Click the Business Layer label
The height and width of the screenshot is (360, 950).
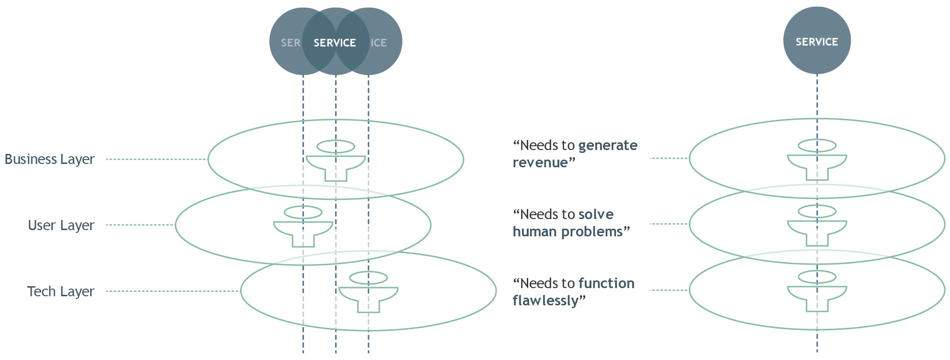49,159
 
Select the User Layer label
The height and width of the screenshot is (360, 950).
61,225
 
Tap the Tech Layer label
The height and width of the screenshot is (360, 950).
60,291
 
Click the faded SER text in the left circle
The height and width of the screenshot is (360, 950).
290,43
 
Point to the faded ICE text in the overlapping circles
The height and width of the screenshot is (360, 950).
379,43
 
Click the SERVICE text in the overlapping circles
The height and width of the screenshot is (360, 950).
335,43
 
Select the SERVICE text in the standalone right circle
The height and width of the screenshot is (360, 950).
817,42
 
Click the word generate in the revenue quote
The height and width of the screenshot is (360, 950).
608,146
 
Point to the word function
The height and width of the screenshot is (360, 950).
606,283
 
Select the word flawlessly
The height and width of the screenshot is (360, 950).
545,301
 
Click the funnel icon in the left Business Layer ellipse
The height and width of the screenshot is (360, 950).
336,161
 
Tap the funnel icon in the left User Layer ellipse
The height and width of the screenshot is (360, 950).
303,227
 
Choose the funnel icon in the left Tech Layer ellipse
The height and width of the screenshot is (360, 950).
369,292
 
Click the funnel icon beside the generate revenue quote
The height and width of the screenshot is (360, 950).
817,160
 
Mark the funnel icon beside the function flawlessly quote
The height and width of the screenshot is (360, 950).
817,291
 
